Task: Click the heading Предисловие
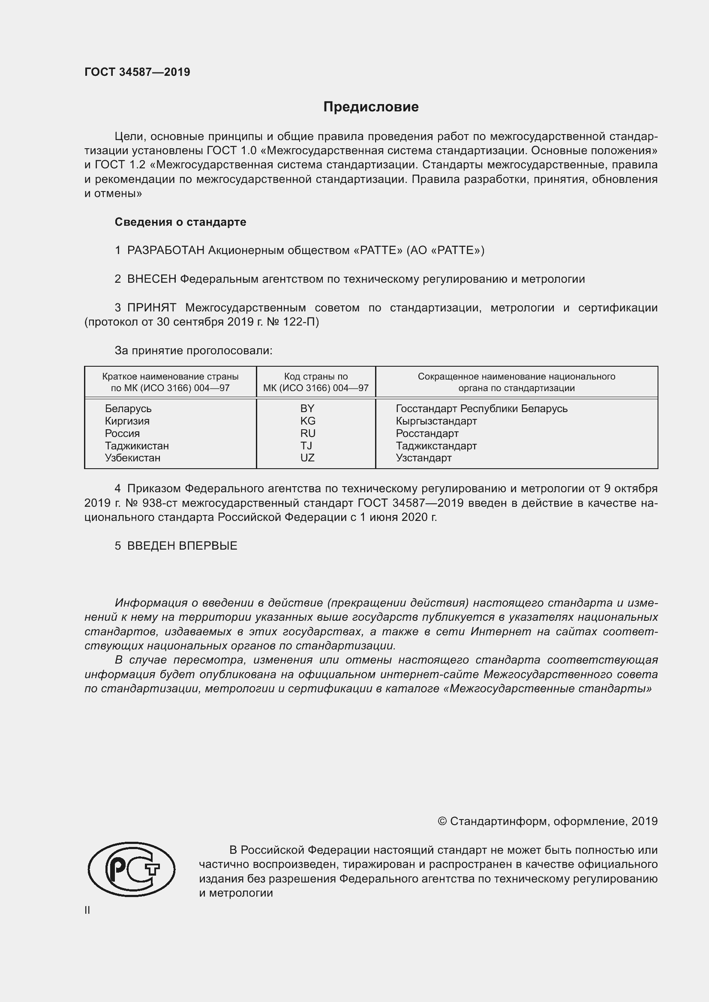[x=371, y=107]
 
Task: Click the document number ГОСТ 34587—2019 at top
[x=137, y=72]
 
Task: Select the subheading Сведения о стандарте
[x=180, y=222]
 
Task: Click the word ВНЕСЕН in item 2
[x=151, y=279]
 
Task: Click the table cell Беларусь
[x=128, y=409]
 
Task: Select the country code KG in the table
[x=307, y=421]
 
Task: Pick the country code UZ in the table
[x=307, y=458]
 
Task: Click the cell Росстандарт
[x=427, y=434]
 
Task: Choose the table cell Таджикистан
[x=137, y=446]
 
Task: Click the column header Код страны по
[x=315, y=377]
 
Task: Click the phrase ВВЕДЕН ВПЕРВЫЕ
[x=182, y=546]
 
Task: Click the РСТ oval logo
[x=132, y=869]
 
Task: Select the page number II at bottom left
[x=87, y=910]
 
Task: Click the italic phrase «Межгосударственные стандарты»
[x=550, y=689]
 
